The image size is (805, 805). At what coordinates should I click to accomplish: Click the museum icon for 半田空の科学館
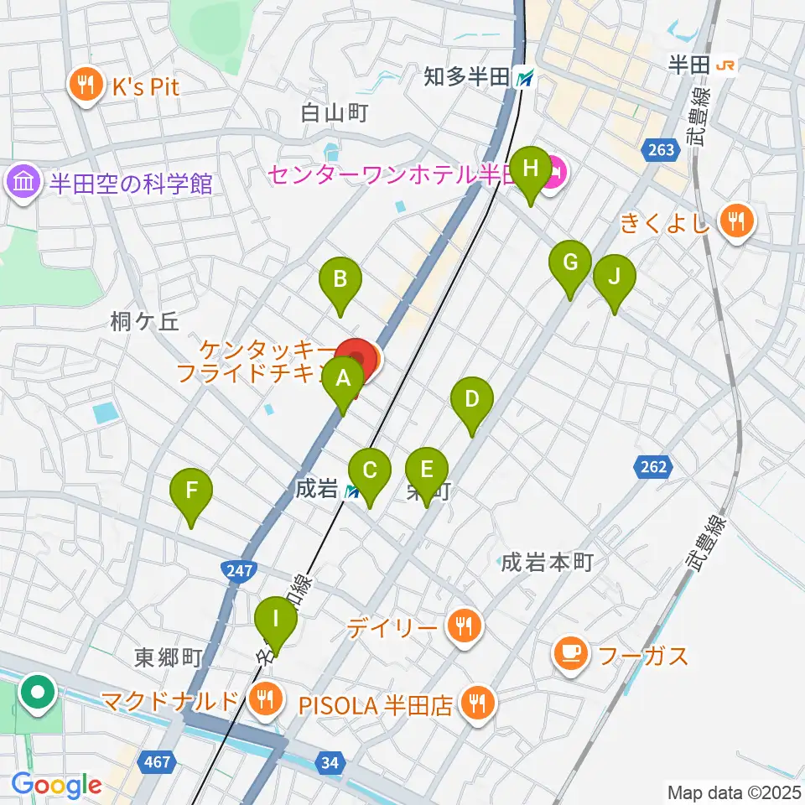23,184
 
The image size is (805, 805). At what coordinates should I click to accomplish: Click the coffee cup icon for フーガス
570,655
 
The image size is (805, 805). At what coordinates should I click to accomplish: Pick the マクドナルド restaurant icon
265,699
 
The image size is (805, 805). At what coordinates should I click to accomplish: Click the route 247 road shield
238,571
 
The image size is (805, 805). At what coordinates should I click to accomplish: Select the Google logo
57,785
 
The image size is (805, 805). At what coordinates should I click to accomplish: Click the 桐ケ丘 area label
144,322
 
